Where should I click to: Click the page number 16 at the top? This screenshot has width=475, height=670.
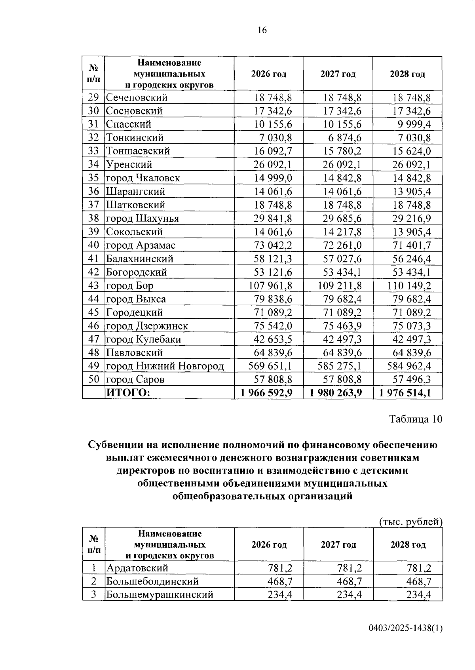click(x=262, y=30)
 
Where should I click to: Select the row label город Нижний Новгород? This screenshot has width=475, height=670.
click(x=165, y=366)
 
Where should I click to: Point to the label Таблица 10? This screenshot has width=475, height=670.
click(x=416, y=419)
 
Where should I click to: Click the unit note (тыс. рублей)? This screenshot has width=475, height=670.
click(x=410, y=522)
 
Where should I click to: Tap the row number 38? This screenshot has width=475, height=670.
click(x=93, y=218)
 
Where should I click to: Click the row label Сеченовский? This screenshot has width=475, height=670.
click(x=137, y=97)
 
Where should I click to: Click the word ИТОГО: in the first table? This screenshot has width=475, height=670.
click(x=128, y=393)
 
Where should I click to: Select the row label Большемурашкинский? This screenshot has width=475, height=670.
click(x=160, y=594)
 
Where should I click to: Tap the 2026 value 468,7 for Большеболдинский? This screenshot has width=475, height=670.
click(x=279, y=581)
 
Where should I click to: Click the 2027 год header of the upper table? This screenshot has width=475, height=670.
click(x=338, y=74)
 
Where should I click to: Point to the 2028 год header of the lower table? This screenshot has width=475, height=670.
click(x=408, y=544)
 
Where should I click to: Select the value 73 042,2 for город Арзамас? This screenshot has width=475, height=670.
click(x=273, y=245)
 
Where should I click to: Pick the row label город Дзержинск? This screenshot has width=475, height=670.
click(x=147, y=326)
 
